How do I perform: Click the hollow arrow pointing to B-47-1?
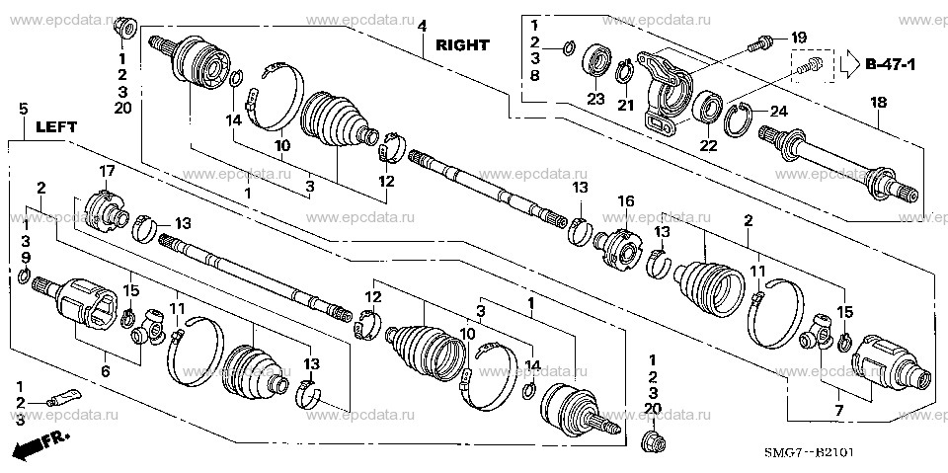(x=847, y=65)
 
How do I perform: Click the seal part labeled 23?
(x=594, y=59)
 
